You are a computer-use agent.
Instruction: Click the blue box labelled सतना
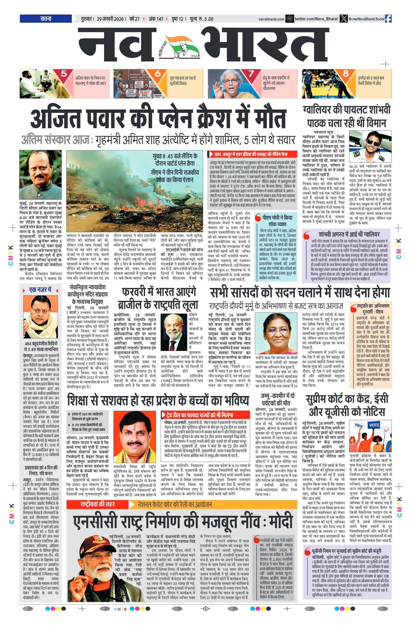(45, 19)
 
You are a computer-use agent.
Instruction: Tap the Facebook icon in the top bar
(388, 19)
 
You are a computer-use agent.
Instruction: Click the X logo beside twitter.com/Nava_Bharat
(343, 19)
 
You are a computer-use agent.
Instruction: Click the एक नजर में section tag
(40, 290)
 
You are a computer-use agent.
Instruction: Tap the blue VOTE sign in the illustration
(374, 425)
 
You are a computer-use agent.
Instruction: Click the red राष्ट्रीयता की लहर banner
(97, 504)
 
